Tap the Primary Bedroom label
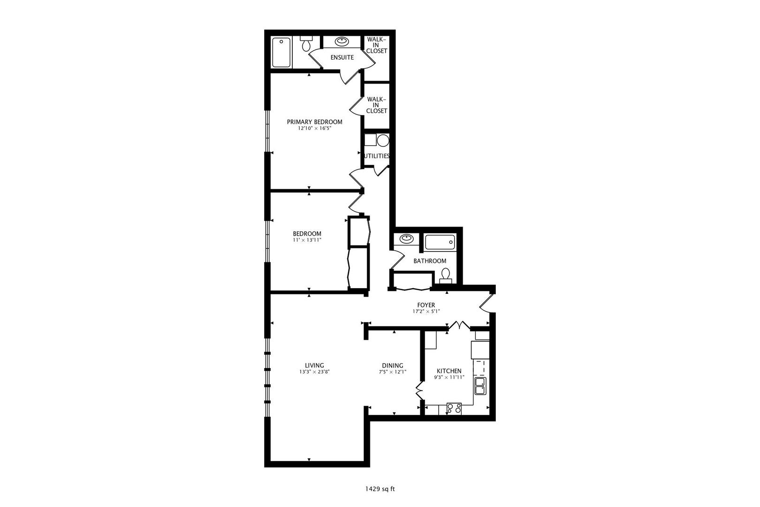coord(314,122)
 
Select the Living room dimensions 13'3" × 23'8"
coord(314,372)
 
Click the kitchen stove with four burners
coord(454,408)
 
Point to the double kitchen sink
coord(480,386)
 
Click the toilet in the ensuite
coord(306,44)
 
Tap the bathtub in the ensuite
coord(281,53)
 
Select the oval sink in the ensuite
coord(342,42)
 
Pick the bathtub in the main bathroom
coord(440,242)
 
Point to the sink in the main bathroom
coord(406,239)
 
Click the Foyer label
coord(426,305)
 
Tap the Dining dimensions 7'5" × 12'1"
coord(392,372)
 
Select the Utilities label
coord(377,156)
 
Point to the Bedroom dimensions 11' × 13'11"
coord(307,240)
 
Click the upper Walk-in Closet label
coord(377,45)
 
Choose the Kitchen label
coord(449,370)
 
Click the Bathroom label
coord(430,261)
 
